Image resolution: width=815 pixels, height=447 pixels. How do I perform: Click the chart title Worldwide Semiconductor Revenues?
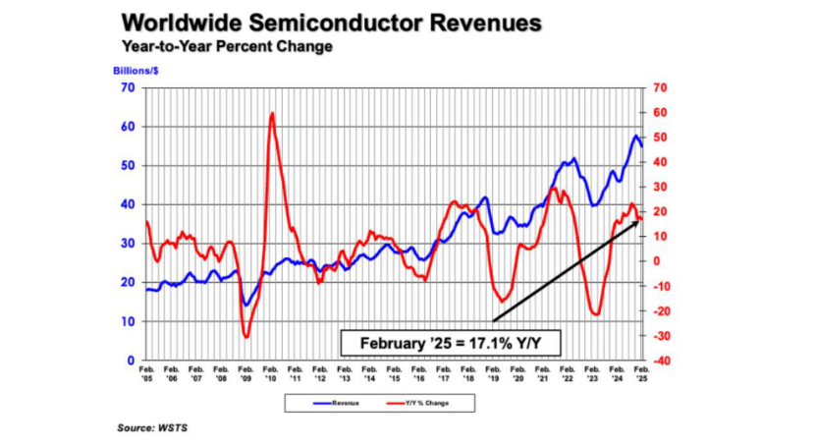(333, 24)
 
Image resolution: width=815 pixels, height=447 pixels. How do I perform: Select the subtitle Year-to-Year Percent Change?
(227, 46)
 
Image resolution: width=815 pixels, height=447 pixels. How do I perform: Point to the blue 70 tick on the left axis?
(129, 88)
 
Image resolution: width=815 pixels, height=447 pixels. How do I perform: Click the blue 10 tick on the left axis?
(129, 321)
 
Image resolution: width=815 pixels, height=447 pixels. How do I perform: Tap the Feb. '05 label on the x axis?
(145, 373)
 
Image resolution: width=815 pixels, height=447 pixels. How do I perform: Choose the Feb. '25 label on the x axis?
(641, 373)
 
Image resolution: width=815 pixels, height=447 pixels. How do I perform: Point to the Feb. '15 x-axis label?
(393, 373)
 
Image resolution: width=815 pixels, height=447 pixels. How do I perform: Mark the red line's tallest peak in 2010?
(271, 113)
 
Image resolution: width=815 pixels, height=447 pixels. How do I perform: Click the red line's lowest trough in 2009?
(245, 337)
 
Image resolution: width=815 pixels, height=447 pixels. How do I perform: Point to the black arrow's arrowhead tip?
(640, 219)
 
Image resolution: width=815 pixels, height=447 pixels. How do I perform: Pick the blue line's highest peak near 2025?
(635, 136)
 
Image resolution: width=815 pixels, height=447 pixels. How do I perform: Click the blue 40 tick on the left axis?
(129, 204)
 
